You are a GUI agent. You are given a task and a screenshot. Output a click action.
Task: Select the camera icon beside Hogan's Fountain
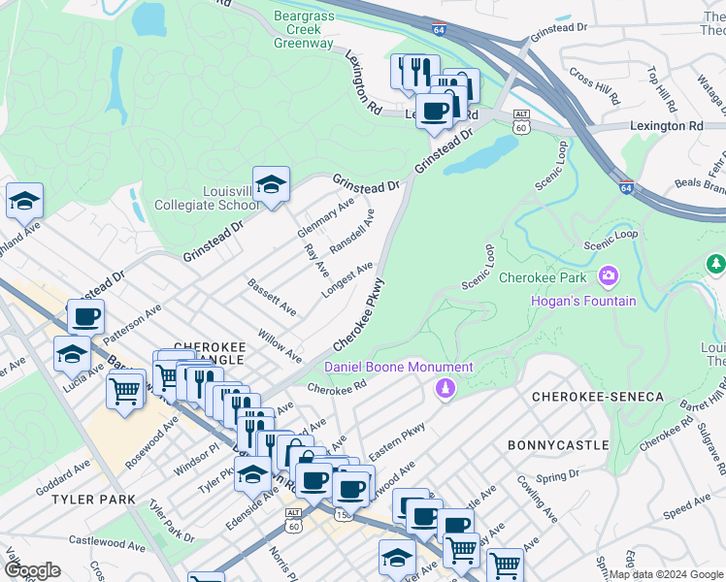pyautogui.click(x=609, y=277)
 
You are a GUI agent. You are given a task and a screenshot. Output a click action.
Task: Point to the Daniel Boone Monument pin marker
pyautogui.click(x=445, y=388)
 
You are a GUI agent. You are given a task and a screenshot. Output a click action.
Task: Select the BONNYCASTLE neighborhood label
pyautogui.click(x=558, y=445)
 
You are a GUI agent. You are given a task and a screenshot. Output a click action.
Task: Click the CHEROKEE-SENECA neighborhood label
pyautogui.click(x=597, y=398)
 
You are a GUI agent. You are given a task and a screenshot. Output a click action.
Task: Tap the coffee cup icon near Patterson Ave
pyautogui.click(x=85, y=316)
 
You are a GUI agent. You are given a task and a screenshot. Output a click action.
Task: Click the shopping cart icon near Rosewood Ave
pyautogui.click(x=126, y=392)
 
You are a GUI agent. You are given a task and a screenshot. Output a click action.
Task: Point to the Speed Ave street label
pyautogui.click(x=687, y=517)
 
